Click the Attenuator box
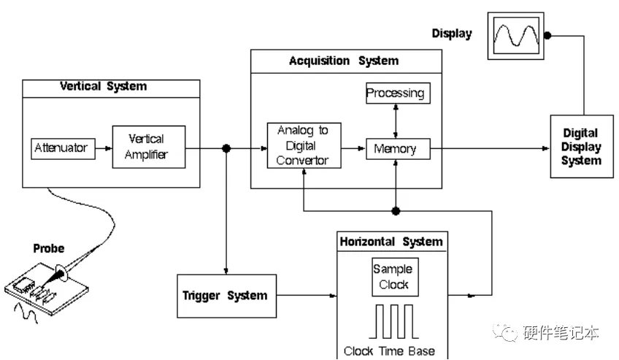point(61,148)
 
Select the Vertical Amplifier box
point(149,147)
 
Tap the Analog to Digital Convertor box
point(304,145)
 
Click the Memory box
point(395,149)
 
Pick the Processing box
point(395,93)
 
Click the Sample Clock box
point(393,277)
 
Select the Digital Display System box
point(580,148)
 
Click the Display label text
point(452,33)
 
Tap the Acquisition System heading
point(344,61)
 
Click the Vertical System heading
point(103,87)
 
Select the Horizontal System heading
point(391,242)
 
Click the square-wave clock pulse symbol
point(392,322)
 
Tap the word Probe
point(49,248)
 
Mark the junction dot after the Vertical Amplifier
point(226,148)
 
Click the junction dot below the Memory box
point(396,211)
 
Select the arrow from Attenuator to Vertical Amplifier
point(101,148)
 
